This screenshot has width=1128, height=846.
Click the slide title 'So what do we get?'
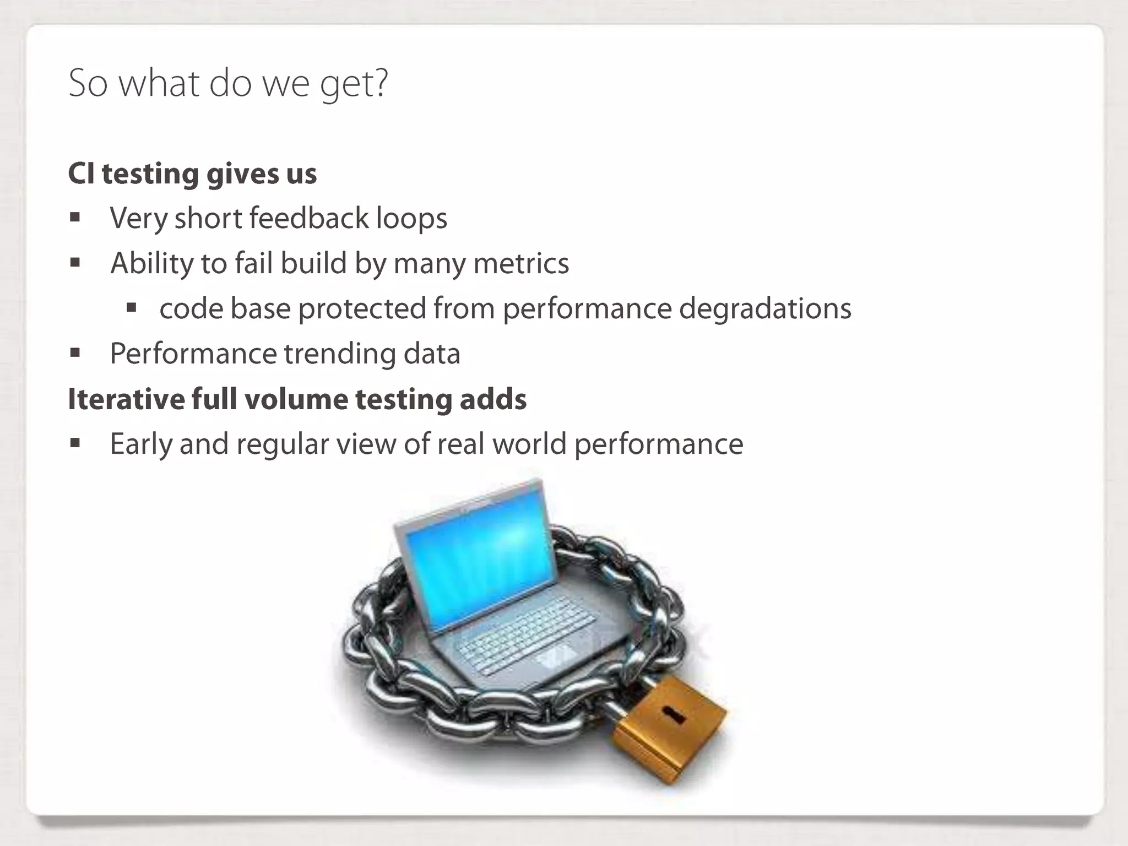228,84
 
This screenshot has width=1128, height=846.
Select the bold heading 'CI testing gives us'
192,173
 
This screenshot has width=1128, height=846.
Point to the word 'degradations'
765,308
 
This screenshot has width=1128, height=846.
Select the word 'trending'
340,354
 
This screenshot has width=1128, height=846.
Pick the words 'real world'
501,444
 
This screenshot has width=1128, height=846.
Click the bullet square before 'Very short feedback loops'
75,218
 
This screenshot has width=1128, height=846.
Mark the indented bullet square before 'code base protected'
131,308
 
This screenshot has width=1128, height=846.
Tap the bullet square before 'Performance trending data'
75,353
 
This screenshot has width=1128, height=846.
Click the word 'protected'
362,308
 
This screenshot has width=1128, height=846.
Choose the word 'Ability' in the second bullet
151,263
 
